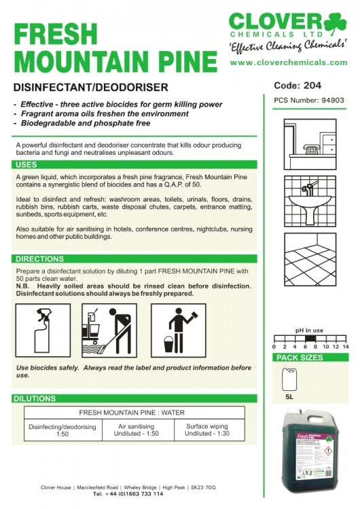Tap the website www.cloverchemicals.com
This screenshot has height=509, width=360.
[x=289, y=62]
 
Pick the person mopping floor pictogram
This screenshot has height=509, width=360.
[x=109, y=328]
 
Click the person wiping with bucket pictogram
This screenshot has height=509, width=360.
[x=177, y=328]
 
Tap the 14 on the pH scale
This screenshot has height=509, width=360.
[x=345, y=346]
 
